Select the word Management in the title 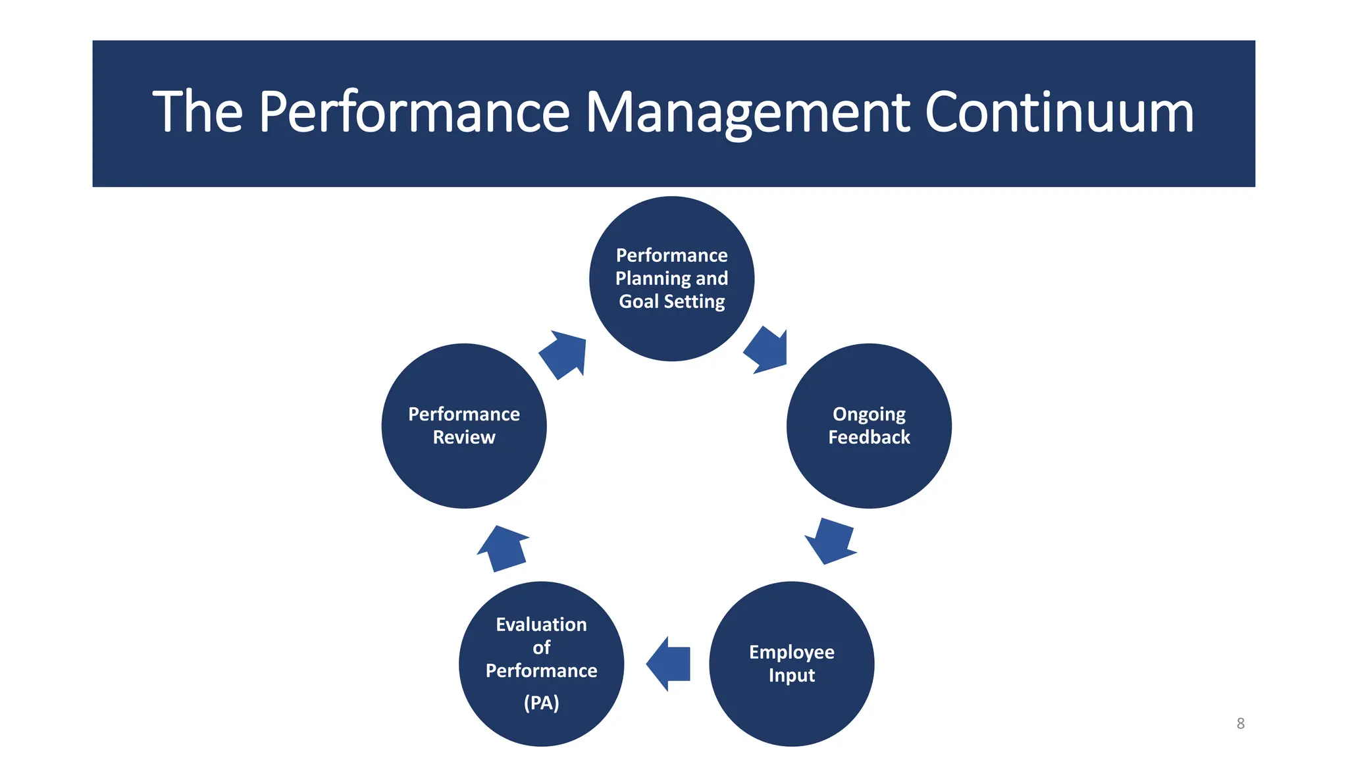click(748, 112)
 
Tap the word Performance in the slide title click(414, 112)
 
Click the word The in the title click(197, 112)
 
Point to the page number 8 click(1240, 723)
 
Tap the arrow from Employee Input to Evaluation click(669, 663)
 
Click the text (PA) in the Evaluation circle click(541, 703)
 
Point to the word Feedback click(869, 438)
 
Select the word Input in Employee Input click(791, 676)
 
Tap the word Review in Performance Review click(464, 438)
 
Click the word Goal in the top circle click(638, 301)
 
